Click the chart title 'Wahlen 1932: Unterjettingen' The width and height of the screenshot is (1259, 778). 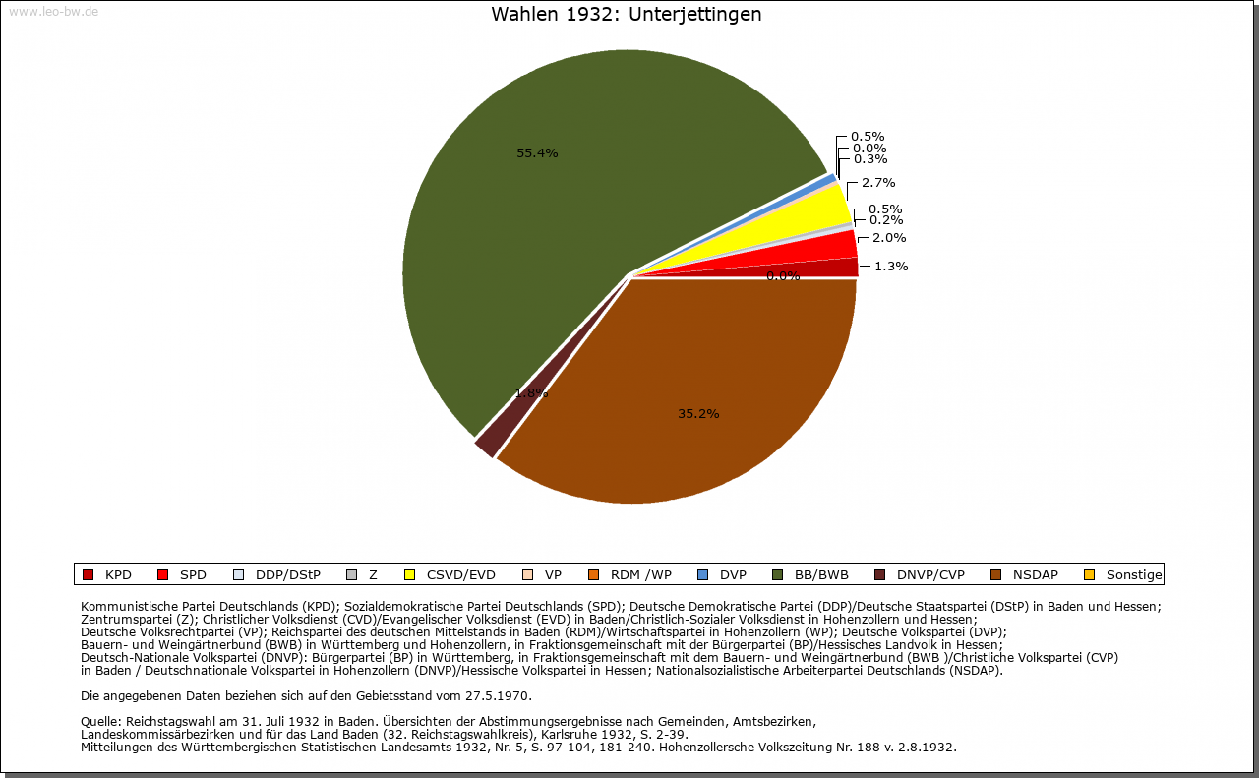[626, 15]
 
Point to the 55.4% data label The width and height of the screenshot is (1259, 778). [537, 152]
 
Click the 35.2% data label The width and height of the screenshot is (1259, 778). [698, 414]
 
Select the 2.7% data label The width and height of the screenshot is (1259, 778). [877, 182]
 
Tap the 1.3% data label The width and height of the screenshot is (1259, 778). [890, 266]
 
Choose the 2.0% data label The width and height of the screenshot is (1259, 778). [888, 237]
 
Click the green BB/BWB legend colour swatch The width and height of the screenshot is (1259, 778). [778, 574]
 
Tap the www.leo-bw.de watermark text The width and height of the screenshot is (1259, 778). [53, 12]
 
